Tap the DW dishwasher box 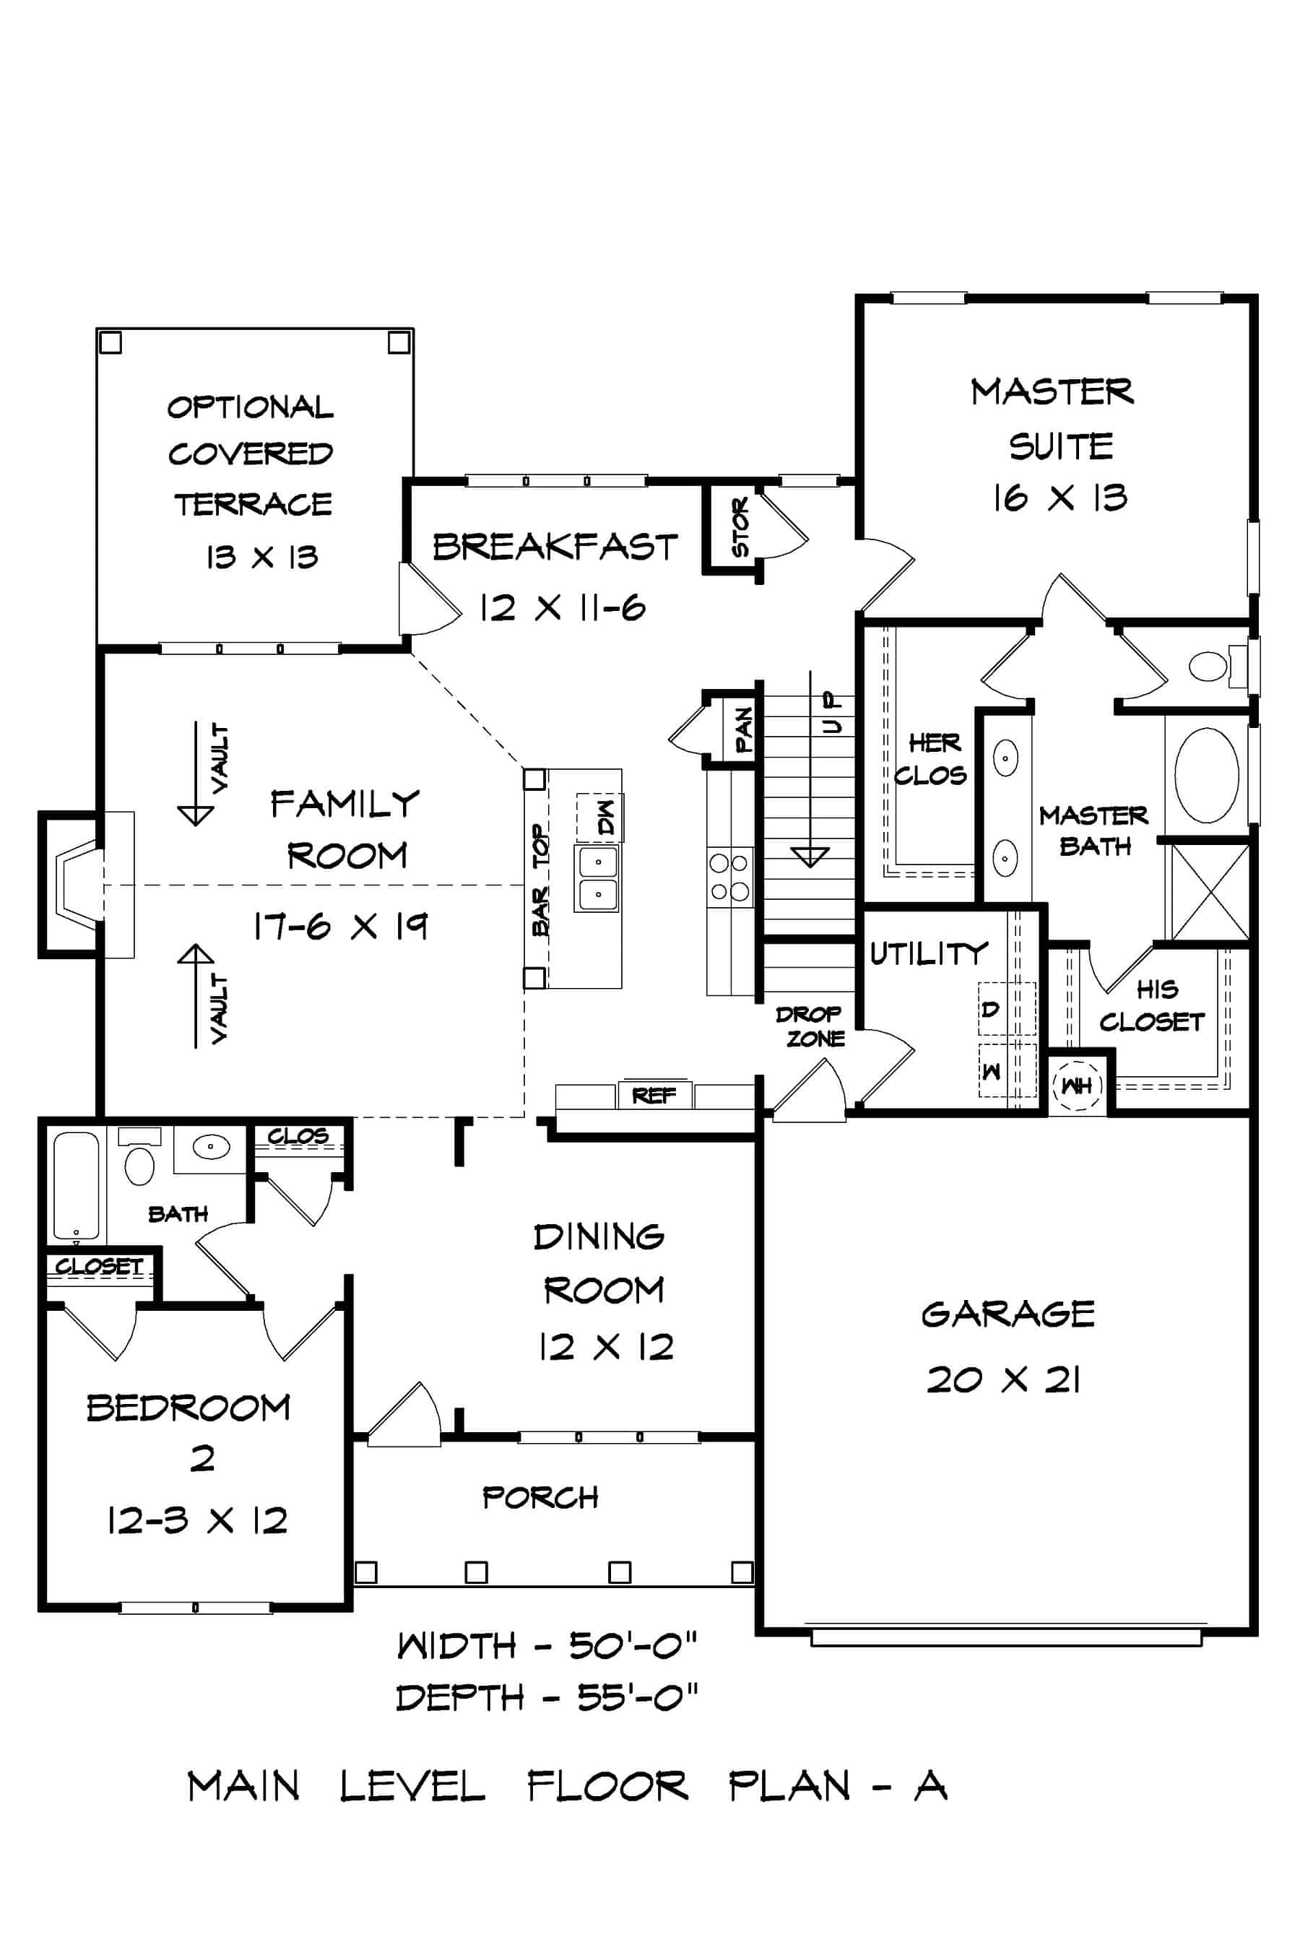pyautogui.click(x=601, y=818)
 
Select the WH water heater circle pyautogui.click(x=1076, y=1085)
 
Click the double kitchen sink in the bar pyautogui.click(x=597, y=878)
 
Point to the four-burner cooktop pyautogui.click(x=729, y=877)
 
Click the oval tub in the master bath pyautogui.click(x=1206, y=775)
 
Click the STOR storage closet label pyautogui.click(x=740, y=526)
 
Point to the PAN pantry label pyautogui.click(x=744, y=729)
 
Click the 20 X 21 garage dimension pyautogui.click(x=1003, y=1380)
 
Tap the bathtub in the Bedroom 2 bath pyautogui.click(x=75, y=1186)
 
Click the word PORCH pyautogui.click(x=539, y=1496)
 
